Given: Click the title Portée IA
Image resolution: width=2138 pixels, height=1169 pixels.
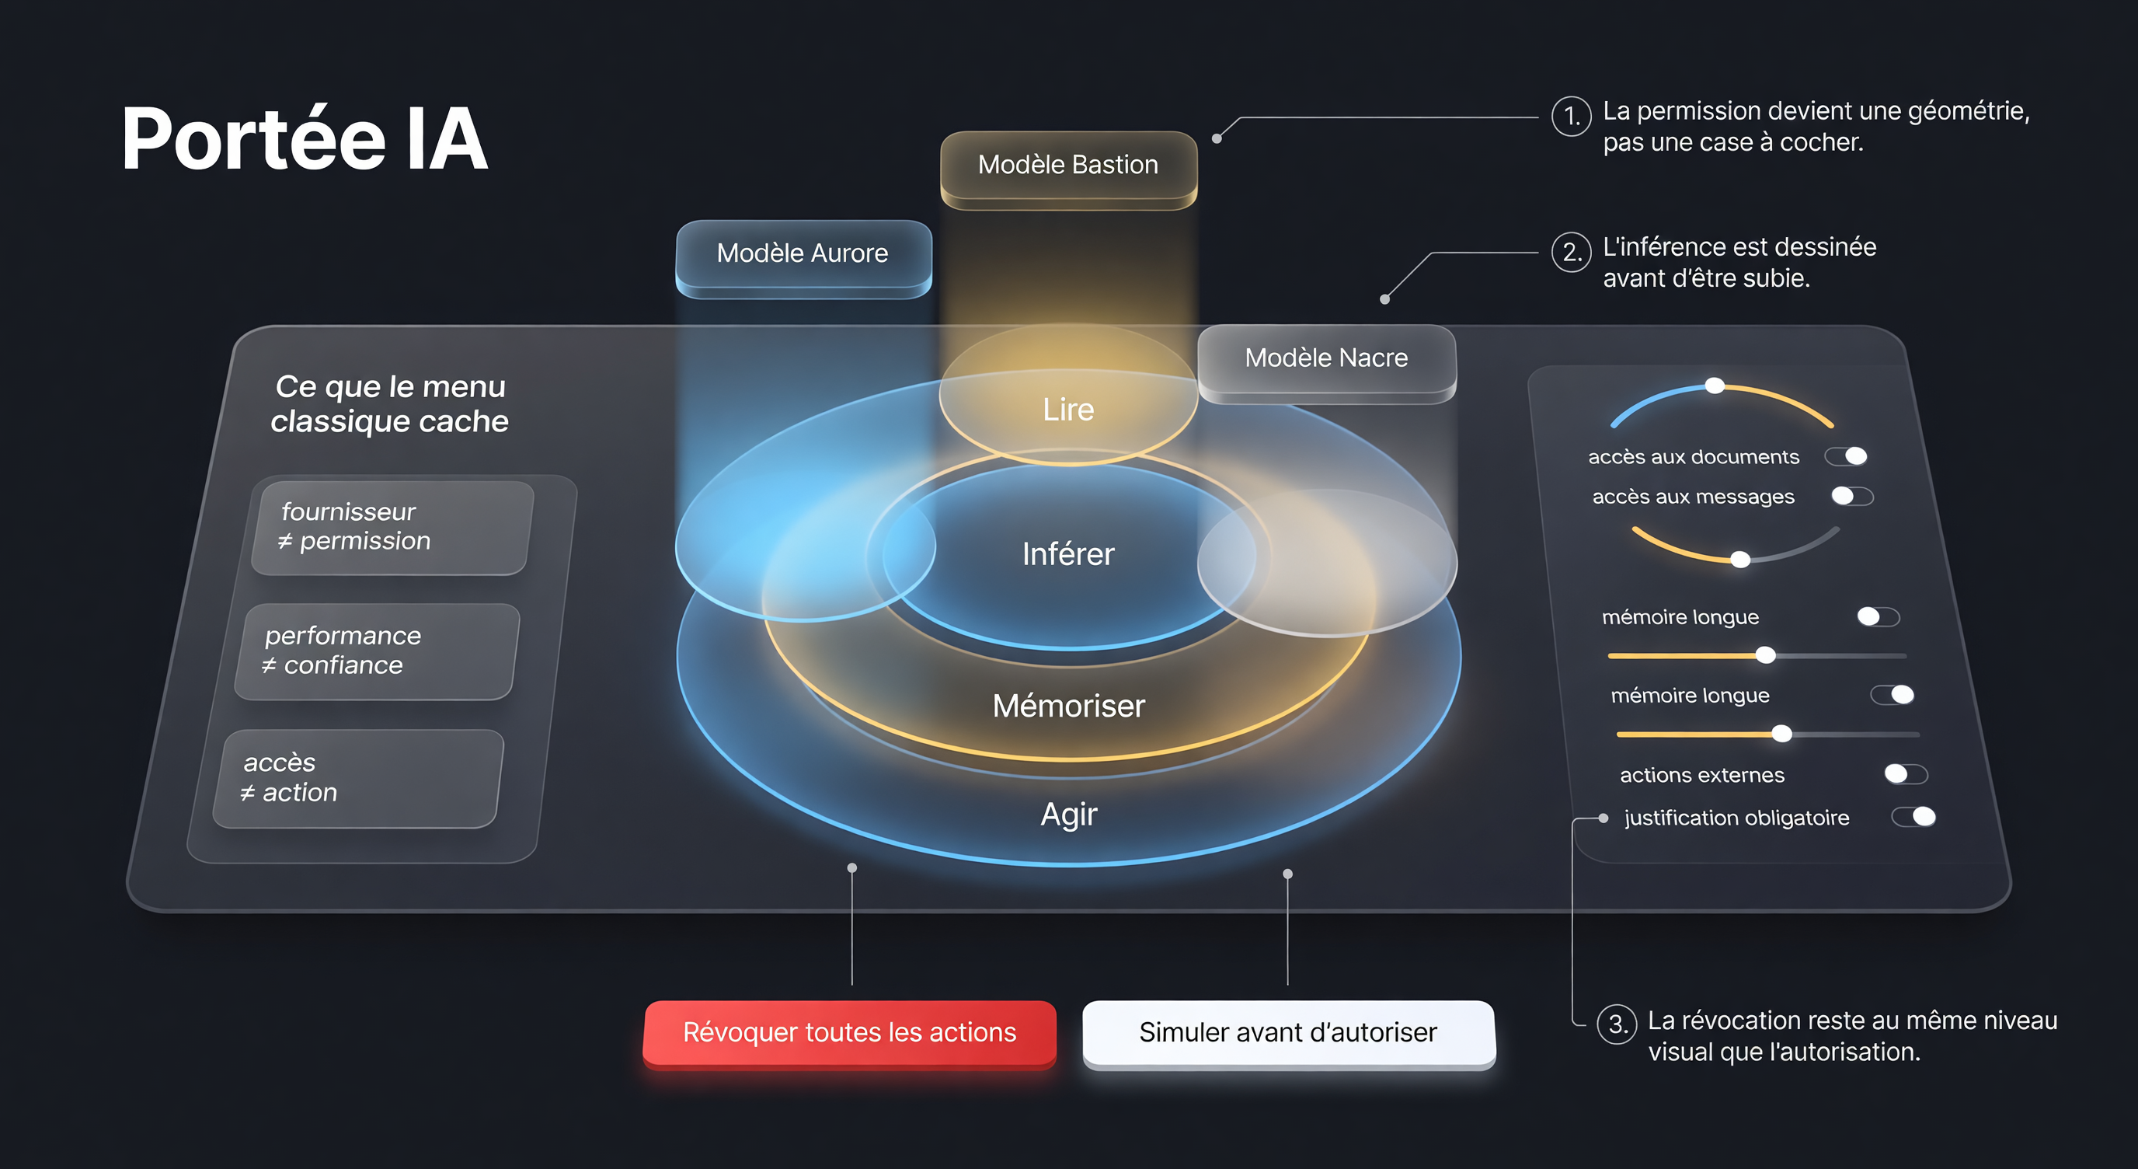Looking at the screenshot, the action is [304, 139].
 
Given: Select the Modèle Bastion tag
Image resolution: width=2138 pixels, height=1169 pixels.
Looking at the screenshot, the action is [1068, 168].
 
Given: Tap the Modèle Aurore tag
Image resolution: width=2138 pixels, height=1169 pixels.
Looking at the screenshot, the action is [803, 256].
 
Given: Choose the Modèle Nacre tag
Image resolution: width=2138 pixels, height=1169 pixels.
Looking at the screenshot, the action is [1326, 362].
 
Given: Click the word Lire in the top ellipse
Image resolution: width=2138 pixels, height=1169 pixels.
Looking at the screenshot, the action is [1068, 410].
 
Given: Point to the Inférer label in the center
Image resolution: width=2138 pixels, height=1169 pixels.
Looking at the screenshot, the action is [1068, 553].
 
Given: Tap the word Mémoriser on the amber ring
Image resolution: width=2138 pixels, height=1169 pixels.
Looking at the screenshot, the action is [1068, 706].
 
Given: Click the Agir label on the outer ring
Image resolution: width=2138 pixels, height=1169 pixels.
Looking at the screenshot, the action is [1069, 815].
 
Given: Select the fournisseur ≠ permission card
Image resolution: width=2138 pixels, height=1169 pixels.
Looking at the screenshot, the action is [391, 528].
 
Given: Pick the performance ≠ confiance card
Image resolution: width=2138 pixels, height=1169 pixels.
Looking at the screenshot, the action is [377, 652].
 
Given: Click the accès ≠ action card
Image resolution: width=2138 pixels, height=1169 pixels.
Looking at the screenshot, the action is [359, 779].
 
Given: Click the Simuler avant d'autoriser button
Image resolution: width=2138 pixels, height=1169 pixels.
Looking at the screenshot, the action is [1288, 1034].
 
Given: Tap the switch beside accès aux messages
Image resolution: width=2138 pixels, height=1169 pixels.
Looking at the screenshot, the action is [1852, 497].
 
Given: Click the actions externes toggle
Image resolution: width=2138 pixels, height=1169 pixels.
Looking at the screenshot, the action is [1906, 775].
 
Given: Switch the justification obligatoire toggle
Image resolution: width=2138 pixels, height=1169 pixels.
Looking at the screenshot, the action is [1914, 817].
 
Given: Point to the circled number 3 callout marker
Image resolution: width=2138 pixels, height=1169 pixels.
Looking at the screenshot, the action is [1617, 1024].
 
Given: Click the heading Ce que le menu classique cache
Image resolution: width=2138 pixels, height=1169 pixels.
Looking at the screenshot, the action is [390, 404].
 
